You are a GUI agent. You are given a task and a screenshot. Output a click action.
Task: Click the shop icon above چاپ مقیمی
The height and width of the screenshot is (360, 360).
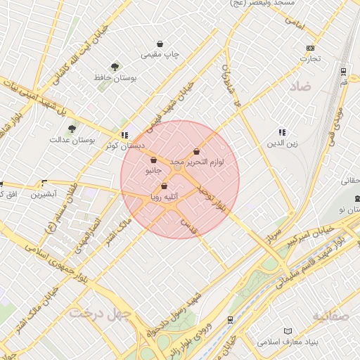click(x=160, y=44)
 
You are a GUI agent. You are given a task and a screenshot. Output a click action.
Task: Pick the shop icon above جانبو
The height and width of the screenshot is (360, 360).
click(x=153, y=160)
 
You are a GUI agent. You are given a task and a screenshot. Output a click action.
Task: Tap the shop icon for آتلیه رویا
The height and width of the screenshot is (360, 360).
click(x=165, y=186)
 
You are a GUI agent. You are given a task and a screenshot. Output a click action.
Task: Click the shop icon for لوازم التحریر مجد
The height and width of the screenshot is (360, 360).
click(x=196, y=152)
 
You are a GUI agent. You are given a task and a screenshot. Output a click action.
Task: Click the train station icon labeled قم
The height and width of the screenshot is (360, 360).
click(x=343, y=72)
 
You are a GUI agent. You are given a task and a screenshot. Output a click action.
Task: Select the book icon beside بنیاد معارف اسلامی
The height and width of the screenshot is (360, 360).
click(x=287, y=331)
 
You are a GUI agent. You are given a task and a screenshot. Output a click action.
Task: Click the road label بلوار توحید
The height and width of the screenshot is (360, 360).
click(x=213, y=199)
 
